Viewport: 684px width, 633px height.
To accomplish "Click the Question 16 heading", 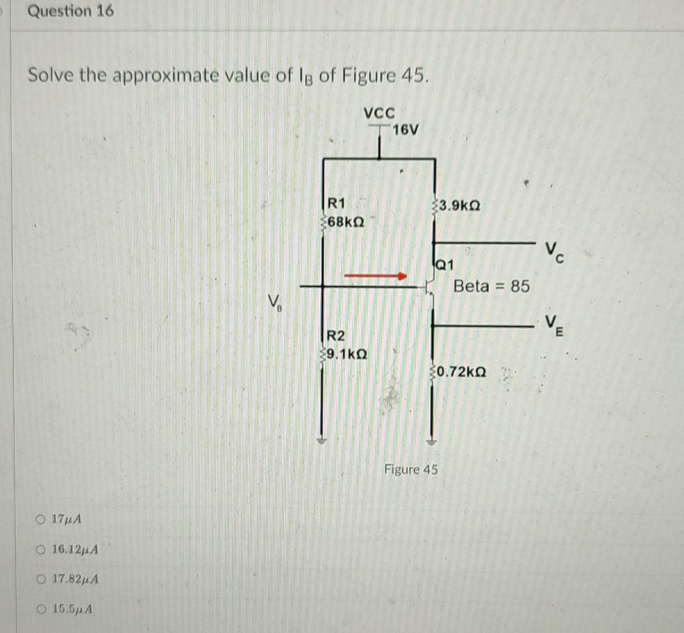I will point(71,11).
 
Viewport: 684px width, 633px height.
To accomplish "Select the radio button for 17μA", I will point(40,519).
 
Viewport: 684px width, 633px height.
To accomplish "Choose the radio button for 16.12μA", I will point(40,550).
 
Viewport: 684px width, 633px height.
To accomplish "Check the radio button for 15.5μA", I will point(40,609).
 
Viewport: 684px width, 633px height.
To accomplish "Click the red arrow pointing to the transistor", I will point(375,275).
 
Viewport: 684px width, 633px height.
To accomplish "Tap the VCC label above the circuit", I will point(379,112).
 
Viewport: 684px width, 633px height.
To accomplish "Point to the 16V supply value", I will point(406,130).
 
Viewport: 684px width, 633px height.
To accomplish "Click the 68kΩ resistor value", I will point(346,223).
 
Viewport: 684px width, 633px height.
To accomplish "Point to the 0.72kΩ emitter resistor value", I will point(461,372).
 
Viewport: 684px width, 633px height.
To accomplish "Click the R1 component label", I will point(336,203).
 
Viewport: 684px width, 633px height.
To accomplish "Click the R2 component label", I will point(336,336).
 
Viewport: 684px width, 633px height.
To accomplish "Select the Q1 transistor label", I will point(445,264).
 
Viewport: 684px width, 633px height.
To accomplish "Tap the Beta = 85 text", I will point(491,286).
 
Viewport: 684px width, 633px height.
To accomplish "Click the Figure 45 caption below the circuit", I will point(411,469).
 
